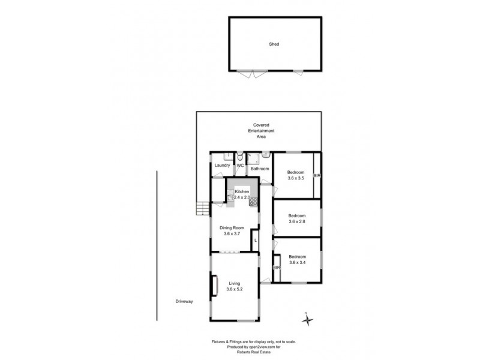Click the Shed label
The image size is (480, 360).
[x=274, y=44]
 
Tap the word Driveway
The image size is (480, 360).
[x=184, y=301]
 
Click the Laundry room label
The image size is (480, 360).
[x=223, y=165]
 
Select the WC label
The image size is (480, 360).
[x=239, y=165]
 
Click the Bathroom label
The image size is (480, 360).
[x=260, y=169]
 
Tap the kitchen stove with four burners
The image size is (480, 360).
[x=253, y=201]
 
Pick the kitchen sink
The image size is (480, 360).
[x=230, y=194]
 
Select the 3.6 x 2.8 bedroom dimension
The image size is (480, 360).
[x=297, y=221]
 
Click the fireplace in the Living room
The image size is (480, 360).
[x=212, y=285]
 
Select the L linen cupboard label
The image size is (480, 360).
[x=256, y=240]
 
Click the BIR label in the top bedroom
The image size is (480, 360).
[x=317, y=175]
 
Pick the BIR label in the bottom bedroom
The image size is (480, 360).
[x=277, y=267]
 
